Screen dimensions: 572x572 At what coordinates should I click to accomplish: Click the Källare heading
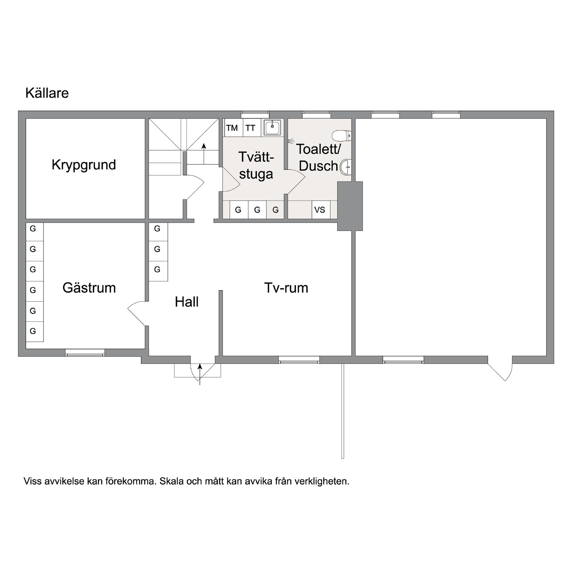(x=47, y=93)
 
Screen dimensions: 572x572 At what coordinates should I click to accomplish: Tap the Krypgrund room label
(x=84, y=165)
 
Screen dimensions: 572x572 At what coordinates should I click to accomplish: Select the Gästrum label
(x=89, y=288)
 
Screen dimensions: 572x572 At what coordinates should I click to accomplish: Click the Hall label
(x=187, y=302)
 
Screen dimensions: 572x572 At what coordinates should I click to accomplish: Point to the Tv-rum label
(x=286, y=288)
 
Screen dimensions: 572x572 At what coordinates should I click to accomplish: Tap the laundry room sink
(x=272, y=128)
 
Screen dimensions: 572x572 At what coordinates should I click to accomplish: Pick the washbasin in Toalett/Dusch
(x=346, y=167)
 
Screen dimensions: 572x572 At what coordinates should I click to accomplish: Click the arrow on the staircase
(x=204, y=154)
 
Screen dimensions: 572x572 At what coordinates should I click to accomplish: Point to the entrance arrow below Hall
(x=200, y=374)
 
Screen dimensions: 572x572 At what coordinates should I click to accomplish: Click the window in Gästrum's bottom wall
(x=85, y=353)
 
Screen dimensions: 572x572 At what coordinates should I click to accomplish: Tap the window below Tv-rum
(x=299, y=360)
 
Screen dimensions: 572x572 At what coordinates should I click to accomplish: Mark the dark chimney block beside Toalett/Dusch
(x=350, y=206)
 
